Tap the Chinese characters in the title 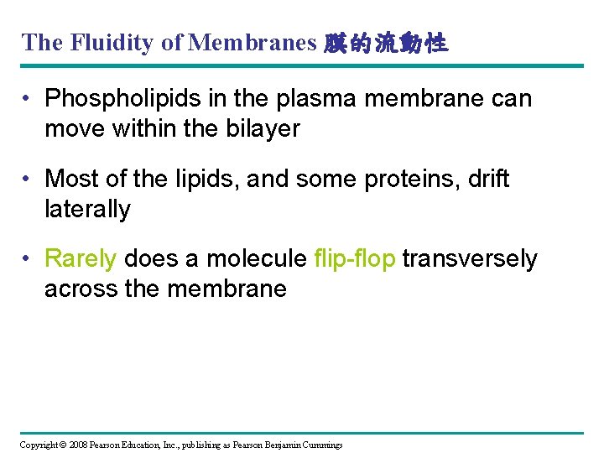(385, 43)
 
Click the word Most (70, 179)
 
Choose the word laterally (87, 209)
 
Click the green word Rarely (81, 259)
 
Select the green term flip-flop (354, 259)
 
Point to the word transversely (470, 259)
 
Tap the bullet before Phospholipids (28, 99)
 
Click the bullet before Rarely (28, 259)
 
